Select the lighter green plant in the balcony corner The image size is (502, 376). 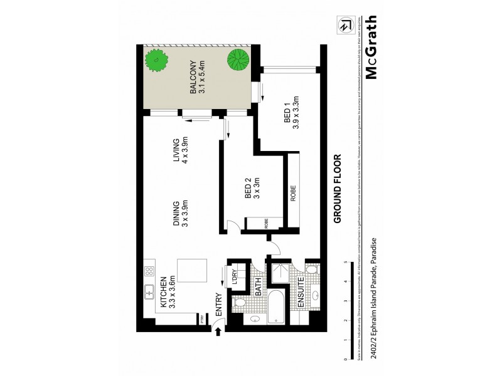[156, 61]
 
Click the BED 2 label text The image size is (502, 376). [252, 189]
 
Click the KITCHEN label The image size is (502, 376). [166, 293]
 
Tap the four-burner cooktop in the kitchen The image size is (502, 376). [150, 272]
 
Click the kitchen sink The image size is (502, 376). [151, 291]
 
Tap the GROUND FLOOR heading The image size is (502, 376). [338, 189]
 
